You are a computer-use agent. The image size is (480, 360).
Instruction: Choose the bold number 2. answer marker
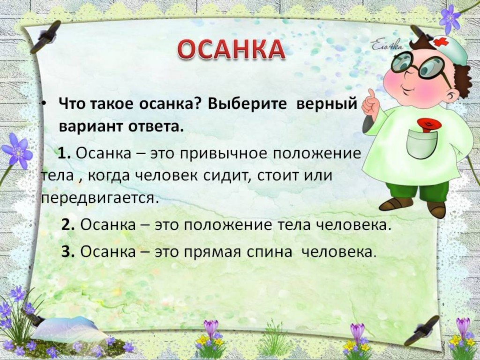click(68, 225)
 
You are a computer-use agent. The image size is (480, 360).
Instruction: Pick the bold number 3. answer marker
click(68, 252)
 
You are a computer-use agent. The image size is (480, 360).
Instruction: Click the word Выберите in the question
click(247, 104)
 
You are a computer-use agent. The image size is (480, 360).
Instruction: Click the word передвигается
click(100, 198)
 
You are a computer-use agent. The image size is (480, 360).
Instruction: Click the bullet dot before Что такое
click(44, 104)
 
